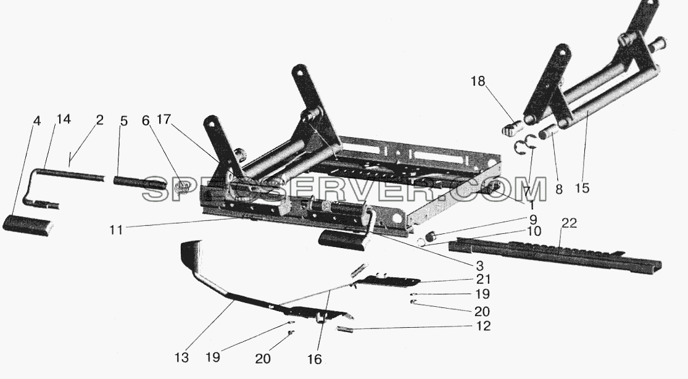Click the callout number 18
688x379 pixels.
pos(479,81)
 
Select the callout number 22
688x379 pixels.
pos(569,223)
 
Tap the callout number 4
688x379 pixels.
pos(37,121)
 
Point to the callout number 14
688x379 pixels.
pos(63,120)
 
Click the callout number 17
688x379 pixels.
pos(164,120)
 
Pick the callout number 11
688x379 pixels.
pos(116,229)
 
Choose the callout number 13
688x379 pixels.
pos(181,357)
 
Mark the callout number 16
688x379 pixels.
pos(315,359)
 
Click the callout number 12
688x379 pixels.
pos(483,326)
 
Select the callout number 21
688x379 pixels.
pos(483,279)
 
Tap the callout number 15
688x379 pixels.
pos(582,188)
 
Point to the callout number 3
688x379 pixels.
pos(479,265)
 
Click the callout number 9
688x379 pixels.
pos(533,219)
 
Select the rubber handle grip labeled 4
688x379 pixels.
pos(28,225)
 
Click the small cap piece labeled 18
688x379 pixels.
pos(512,128)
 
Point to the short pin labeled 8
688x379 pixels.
pos(549,131)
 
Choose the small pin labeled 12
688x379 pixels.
pos(344,329)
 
